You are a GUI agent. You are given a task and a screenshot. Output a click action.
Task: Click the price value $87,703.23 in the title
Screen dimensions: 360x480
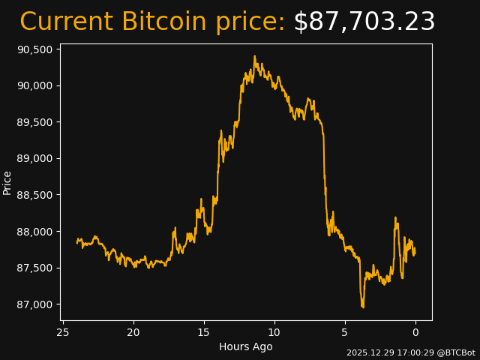click(x=364, y=22)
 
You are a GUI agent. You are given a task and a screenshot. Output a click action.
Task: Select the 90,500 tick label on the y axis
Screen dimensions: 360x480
click(x=34, y=49)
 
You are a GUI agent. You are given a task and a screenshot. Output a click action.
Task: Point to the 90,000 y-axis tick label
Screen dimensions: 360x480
click(x=34, y=85)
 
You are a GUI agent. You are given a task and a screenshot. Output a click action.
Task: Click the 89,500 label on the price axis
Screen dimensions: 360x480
click(x=34, y=122)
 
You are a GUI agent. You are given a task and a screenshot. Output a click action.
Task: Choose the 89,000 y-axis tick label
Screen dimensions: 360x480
click(x=34, y=158)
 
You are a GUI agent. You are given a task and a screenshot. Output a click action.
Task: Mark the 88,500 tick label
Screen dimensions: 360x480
click(x=34, y=195)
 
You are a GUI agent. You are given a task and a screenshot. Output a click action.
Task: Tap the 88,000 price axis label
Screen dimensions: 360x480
click(x=34, y=231)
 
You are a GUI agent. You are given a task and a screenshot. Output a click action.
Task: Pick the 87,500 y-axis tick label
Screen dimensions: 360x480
click(x=34, y=268)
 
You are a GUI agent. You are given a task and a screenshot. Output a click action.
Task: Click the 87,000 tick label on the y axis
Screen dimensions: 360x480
click(x=34, y=304)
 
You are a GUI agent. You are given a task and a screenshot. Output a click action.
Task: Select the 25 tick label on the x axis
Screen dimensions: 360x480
click(x=63, y=332)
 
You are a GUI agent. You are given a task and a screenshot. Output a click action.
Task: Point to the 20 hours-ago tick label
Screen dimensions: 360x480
click(x=133, y=332)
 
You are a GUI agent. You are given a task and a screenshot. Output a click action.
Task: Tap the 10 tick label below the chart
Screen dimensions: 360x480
click(x=274, y=332)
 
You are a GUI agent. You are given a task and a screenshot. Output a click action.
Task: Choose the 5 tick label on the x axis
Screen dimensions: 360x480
click(x=345, y=332)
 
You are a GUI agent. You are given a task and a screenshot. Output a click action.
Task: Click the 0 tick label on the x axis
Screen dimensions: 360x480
click(x=415, y=332)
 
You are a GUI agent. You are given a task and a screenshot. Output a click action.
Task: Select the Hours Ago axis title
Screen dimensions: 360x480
click(x=246, y=346)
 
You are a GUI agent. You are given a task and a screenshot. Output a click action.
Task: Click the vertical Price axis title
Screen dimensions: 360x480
click(x=7, y=182)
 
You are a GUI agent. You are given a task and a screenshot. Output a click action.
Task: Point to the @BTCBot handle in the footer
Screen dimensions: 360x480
click(x=454, y=352)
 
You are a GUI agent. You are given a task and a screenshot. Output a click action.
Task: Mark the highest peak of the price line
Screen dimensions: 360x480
click(x=254, y=56)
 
